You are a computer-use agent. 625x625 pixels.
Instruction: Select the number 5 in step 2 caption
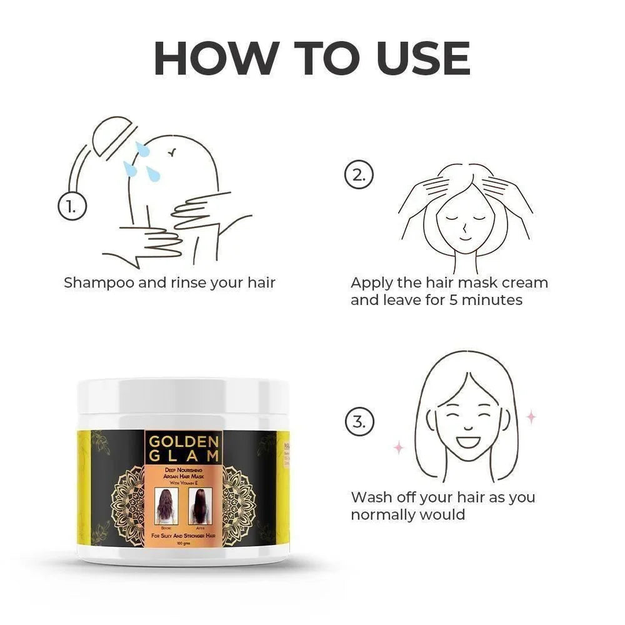(453, 300)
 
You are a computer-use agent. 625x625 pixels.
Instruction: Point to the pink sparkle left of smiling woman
(397, 446)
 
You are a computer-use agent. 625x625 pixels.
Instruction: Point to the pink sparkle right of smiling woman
(531, 417)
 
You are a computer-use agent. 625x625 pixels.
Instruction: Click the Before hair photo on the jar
(166, 506)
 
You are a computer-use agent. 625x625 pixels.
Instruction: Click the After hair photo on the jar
(200, 506)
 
